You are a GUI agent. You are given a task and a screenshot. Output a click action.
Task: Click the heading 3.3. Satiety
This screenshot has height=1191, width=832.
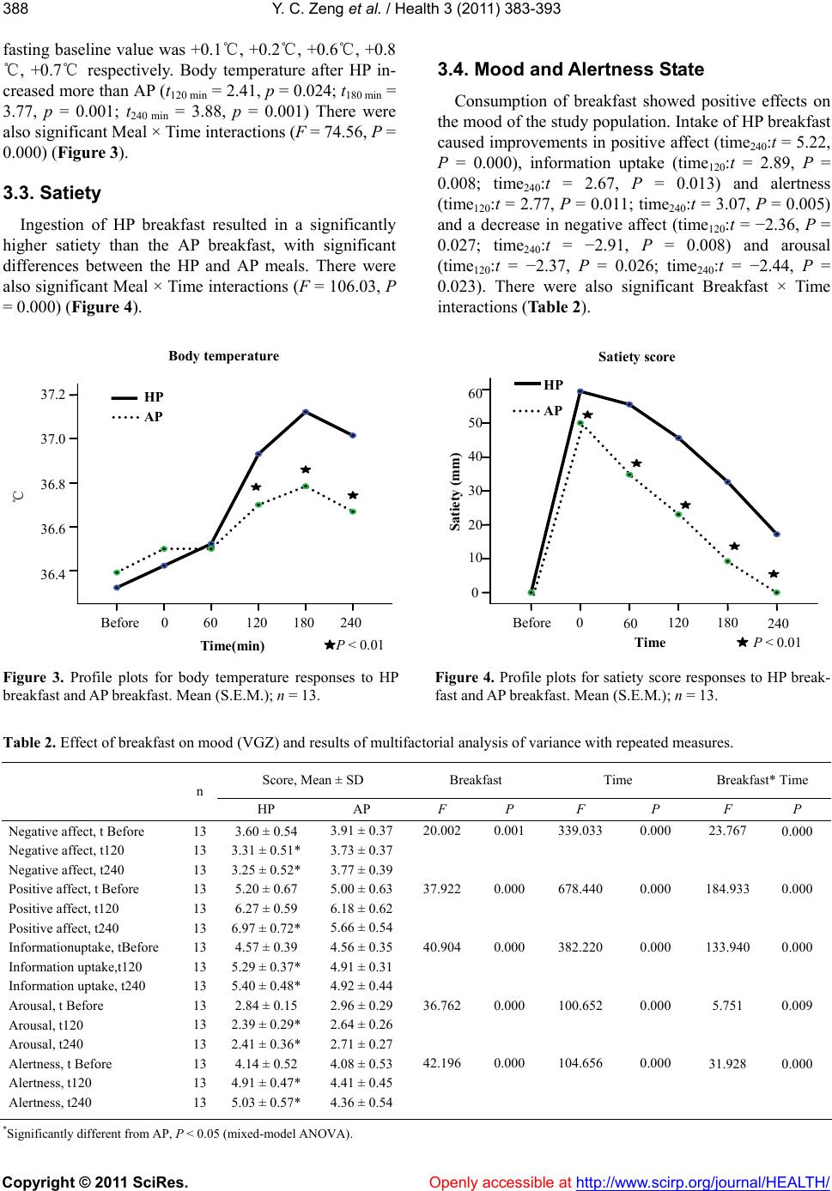tap(52, 193)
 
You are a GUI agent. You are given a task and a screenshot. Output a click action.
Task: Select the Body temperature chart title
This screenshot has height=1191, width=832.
tap(223, 355)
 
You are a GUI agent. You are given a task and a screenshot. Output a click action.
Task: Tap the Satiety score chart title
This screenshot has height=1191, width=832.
tap(635, 356)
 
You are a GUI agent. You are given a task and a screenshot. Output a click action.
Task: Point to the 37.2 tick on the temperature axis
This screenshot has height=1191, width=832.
tap(53, 395)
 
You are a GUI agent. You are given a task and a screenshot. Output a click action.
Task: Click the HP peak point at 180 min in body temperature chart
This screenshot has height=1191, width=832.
tap(306, 412)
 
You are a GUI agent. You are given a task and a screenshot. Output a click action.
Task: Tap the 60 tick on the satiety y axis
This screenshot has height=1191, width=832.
tap(474, 393)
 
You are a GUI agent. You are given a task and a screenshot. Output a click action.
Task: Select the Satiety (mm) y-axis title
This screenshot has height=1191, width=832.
tap(455, 494)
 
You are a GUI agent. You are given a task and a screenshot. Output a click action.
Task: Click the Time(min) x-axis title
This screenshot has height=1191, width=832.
tap(232, 645)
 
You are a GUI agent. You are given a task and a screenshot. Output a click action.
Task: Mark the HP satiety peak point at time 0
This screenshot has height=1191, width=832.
tap(580, 391)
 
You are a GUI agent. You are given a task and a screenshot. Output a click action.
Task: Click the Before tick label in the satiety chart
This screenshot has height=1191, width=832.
tap(531, 623)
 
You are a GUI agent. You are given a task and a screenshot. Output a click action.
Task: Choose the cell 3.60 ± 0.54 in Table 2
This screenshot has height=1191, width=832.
tap(265, 831)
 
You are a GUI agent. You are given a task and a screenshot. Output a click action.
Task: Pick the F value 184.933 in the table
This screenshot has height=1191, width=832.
tap(726, 889)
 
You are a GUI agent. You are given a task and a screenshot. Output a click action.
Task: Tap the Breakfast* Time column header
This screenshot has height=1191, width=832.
tap(762, 780)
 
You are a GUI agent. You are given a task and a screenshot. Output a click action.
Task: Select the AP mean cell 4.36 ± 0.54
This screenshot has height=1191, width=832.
tap(361, 1102)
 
